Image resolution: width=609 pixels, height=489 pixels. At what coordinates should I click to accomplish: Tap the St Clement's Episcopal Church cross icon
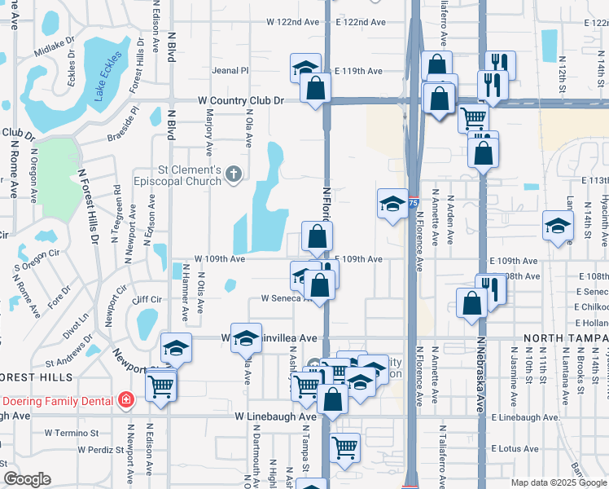click(234, 173)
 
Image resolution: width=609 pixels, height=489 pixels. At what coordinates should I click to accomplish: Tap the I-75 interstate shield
click(414, 201)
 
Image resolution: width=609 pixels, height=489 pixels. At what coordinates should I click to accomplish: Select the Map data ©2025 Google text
click(558, 482)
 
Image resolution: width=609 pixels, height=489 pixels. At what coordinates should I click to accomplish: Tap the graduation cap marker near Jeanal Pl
click(305, 68)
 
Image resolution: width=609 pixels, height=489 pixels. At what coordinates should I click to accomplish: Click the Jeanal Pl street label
click(230, 71)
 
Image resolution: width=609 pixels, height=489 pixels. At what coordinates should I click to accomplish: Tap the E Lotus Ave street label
click(516, 448)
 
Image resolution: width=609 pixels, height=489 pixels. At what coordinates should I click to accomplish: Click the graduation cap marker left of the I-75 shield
click(392, 204)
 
